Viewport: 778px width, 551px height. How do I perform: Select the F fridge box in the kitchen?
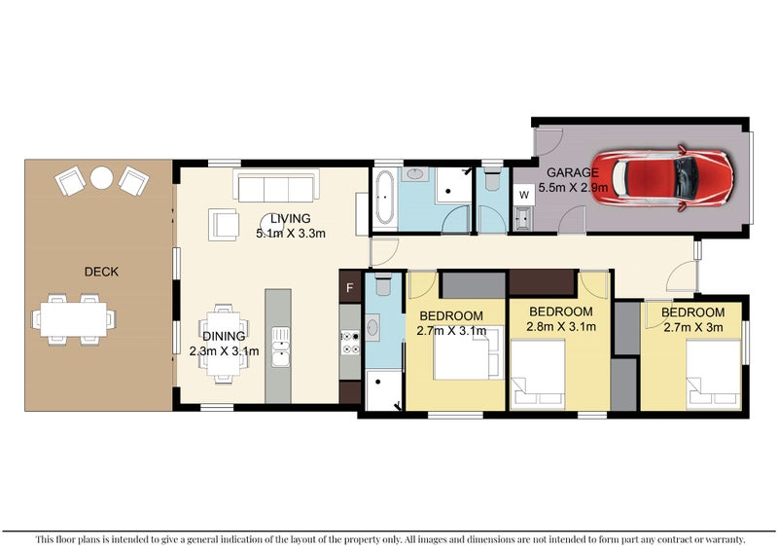(x=349, y=288)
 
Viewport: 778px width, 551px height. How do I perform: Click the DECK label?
(x=101, y=272)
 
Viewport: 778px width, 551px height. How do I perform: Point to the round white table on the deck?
(x=101, y=178)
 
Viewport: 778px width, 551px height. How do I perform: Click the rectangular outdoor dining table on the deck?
(x=74, y=318)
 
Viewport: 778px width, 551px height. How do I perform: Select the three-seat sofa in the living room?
(x=274, y=184)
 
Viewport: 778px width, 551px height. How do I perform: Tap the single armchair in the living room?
(x=225, y=225)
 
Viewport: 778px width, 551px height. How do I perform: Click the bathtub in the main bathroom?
(x=382, y=199)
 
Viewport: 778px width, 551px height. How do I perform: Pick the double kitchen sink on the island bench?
(x=280, y=348)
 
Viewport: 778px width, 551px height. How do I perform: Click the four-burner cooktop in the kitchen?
(x=349, y=342)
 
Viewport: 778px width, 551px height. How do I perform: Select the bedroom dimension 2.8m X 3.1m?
(x=558, y=327)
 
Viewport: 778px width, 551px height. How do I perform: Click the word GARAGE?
(x=572, y=172)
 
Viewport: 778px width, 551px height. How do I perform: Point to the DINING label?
(x=219, y=336)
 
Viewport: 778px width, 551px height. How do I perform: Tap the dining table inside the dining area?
(x=224, y=337)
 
